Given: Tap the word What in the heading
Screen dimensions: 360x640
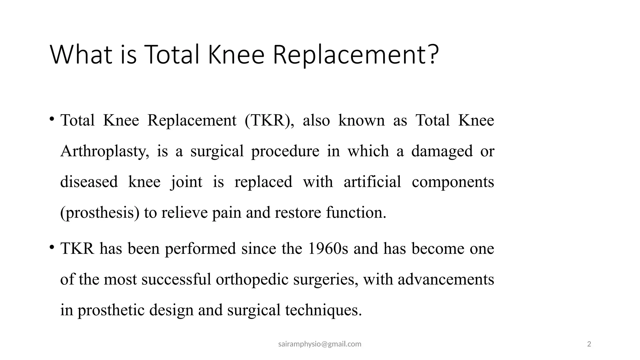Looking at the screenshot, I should (81, 55).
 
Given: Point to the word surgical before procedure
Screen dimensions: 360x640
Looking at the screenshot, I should (217, 151).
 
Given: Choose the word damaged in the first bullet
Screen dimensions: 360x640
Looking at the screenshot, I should (442, 152).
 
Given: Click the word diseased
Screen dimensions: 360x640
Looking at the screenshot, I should (89, 182).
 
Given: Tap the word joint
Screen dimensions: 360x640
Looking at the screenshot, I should (187, 182).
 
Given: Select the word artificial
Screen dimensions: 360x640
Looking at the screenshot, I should (372, 182).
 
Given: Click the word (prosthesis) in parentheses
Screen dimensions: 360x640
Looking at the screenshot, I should (100, 213).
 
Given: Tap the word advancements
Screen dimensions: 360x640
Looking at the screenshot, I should (446, 279).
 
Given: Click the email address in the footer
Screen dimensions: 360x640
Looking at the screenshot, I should (320, 344).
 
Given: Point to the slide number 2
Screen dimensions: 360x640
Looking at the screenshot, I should (589, 344).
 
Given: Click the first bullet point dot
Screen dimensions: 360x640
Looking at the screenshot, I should (52, 119).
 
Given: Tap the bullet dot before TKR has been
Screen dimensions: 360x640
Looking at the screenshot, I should (52, 247).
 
